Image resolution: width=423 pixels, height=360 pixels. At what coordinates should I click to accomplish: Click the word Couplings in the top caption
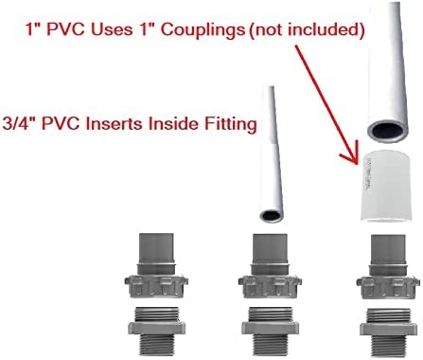point(203,30)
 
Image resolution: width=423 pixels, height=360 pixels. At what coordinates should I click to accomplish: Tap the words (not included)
point(307,29)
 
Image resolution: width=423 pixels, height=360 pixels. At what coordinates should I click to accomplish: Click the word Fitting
point(231,124)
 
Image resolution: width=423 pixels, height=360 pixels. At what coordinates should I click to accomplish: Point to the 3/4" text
point(20,123)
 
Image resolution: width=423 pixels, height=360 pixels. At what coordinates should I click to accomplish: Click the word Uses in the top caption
point(112,29)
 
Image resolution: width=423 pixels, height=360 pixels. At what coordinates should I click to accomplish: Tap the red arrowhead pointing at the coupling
point(350,153)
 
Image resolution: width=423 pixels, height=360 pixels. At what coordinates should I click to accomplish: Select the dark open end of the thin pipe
point(271,216)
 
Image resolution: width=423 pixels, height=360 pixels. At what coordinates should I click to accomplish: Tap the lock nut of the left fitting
point(156,286)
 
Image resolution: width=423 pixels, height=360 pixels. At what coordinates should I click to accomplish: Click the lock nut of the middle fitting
point(270,286)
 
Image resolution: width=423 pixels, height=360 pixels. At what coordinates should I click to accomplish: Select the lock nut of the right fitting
point(388,287)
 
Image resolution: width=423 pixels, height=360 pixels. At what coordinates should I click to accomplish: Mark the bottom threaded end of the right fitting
point(388,346)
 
